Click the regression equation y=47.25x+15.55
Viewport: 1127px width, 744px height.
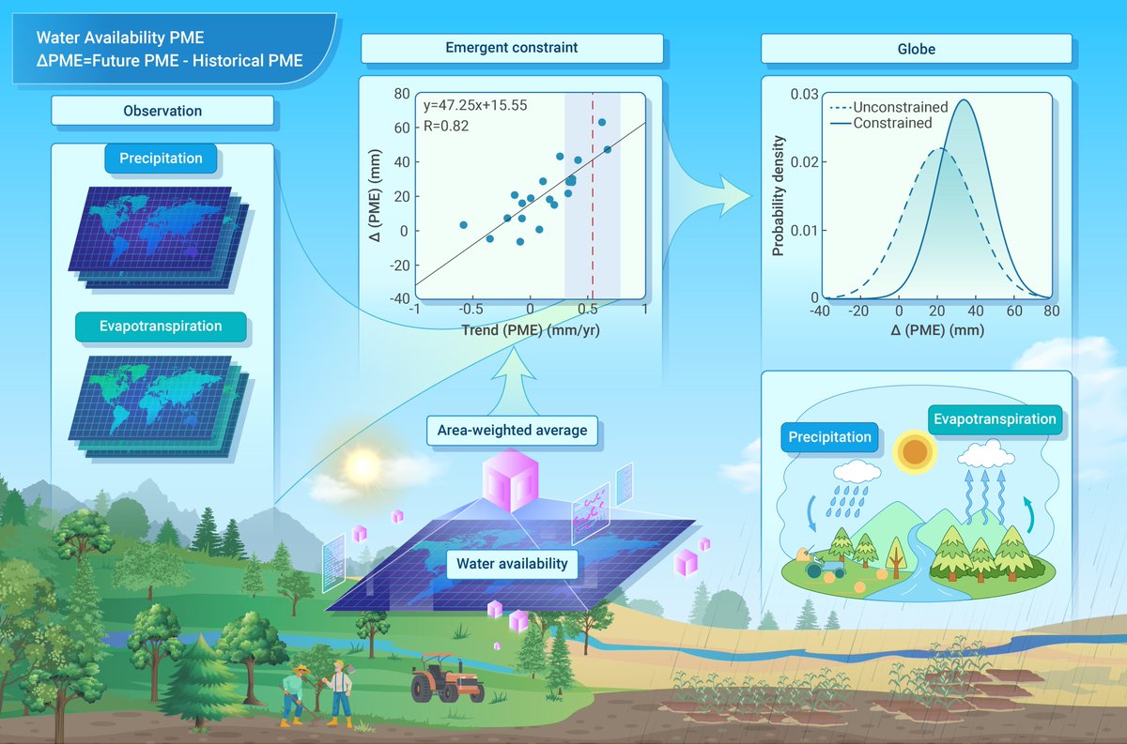pos(475,106)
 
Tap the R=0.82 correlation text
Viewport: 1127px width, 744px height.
pos(446,126)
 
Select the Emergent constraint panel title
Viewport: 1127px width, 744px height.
pos(511,48)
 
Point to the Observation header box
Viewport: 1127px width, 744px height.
pos(162,111)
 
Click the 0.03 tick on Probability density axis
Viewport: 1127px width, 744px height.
pos(802,95)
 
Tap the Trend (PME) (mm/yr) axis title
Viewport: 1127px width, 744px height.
pos(531,330)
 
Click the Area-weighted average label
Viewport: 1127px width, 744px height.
pos(512,431)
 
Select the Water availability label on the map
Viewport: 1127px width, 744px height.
pos(512,563)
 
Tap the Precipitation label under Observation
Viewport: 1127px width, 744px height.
pos(161,159)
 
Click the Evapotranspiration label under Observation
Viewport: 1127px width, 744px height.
pos(161,326)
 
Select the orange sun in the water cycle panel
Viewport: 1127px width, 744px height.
pos(914,451)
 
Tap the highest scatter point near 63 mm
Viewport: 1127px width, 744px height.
pos(602,122)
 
